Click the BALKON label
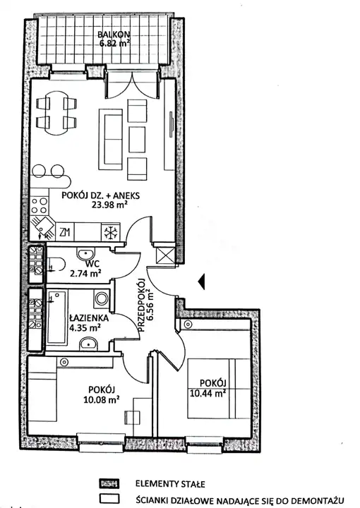[x=114, y=35]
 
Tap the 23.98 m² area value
[x=109, y=205]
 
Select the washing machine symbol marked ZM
[x=65, y=232]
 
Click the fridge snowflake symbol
[x=111, y=232]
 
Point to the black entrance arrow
[x=202, y=282]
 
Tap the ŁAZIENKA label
[x=89, y=318]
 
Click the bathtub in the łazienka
[x=57, y=317]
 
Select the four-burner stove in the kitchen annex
[x=40, y=206]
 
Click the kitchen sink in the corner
[x=43, y=226]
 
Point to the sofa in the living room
[x=111, y=139]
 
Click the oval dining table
[x=56, y=114]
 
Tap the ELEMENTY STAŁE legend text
[x=170, y=484]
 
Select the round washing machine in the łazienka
[x=101, y=298]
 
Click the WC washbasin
[x=85, y=252]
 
